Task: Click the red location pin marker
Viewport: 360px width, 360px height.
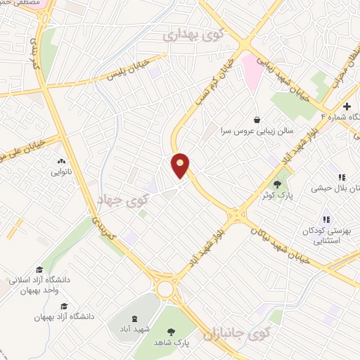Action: pos(181,166)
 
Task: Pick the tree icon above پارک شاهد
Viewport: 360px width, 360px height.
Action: pos(172,332)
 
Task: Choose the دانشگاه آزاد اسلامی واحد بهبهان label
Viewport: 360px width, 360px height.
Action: pos(41,285)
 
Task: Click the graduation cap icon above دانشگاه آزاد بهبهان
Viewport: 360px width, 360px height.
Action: pos(65,306)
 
